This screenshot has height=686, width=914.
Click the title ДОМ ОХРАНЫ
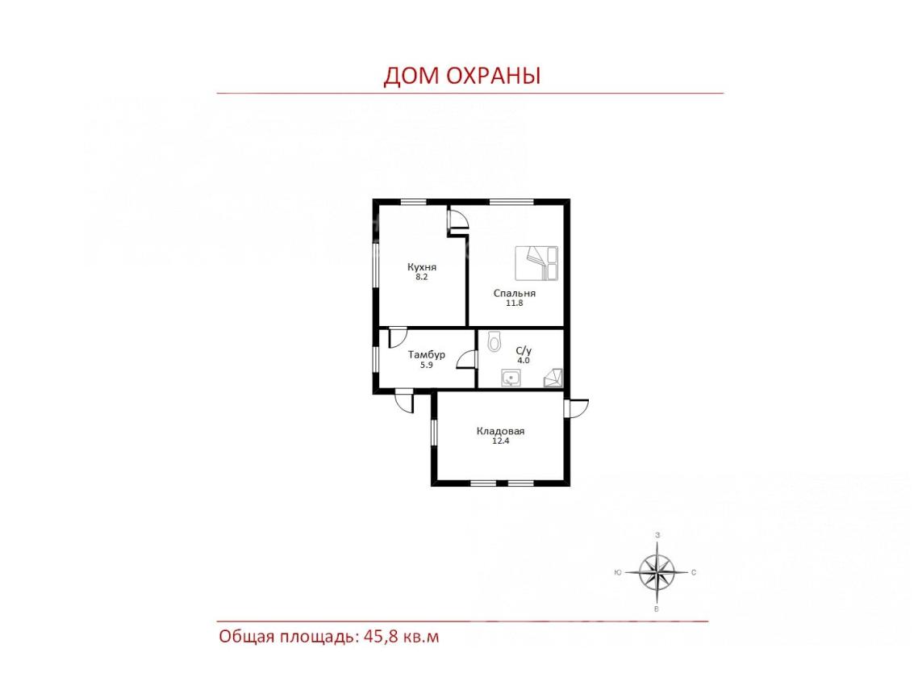461,76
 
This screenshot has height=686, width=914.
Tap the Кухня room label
421,267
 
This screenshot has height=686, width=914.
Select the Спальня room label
514,293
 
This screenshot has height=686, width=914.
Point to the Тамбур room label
426,354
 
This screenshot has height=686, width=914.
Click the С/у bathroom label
524,350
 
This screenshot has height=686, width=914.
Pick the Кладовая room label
500,431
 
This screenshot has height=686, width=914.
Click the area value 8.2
421,277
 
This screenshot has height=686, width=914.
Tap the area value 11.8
514,303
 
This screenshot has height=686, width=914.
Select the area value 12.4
500,441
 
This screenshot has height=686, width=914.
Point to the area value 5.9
426,365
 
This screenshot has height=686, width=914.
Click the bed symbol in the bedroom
536,262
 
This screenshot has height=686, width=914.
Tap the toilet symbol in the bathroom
494,341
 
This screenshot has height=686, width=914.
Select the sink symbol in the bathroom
511,378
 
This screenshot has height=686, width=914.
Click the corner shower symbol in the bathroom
553,378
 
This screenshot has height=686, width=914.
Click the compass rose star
657,572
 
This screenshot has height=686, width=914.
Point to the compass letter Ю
617,572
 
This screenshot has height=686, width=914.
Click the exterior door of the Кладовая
576,408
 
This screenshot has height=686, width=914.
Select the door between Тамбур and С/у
467,360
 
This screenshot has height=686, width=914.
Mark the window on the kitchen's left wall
376,265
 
